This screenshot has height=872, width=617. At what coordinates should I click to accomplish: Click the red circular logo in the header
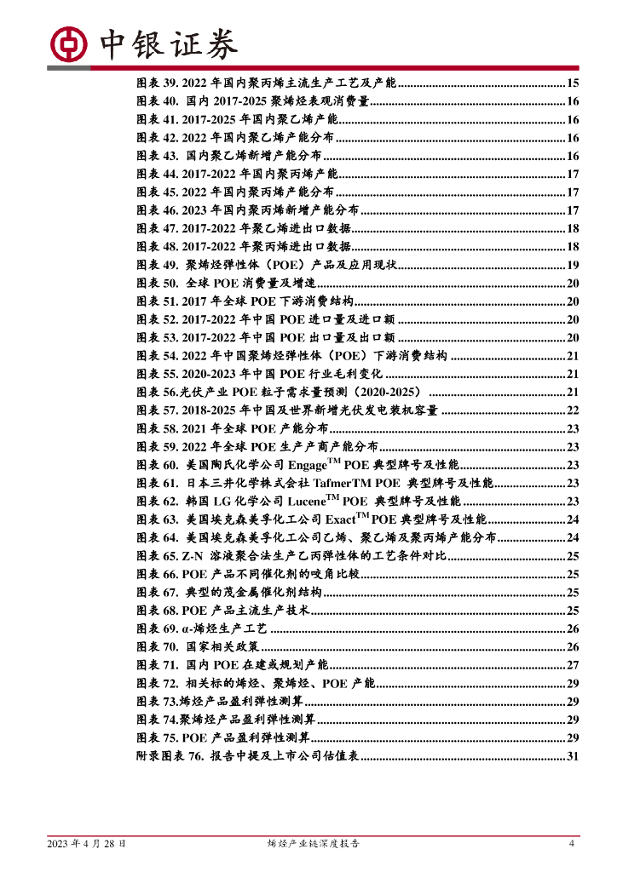click(x=70, y=43)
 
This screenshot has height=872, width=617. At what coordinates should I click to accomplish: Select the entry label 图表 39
click(x=156, y=83)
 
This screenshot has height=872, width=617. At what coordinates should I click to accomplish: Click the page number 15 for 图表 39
click(x=573, y=83)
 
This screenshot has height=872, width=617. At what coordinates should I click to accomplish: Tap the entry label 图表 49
click(x=156, y=266)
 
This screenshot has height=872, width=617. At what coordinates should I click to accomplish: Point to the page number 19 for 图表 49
click(x=573, y=266)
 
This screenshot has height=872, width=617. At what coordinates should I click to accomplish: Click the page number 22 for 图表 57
click(x=573, y=410)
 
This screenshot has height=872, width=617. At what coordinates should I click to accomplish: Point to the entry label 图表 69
click(x=156, y=628)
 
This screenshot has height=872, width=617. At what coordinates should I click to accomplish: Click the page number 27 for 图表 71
click(x=573, y=665)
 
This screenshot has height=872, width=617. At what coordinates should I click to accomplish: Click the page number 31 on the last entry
click(x=573, y=756)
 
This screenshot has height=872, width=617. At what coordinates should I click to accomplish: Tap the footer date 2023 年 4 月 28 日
click(x=88, y=844)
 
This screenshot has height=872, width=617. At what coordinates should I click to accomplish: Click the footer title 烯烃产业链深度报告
click(x=314, y=844)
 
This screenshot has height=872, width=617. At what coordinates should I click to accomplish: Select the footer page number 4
click(x=572, y=844)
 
